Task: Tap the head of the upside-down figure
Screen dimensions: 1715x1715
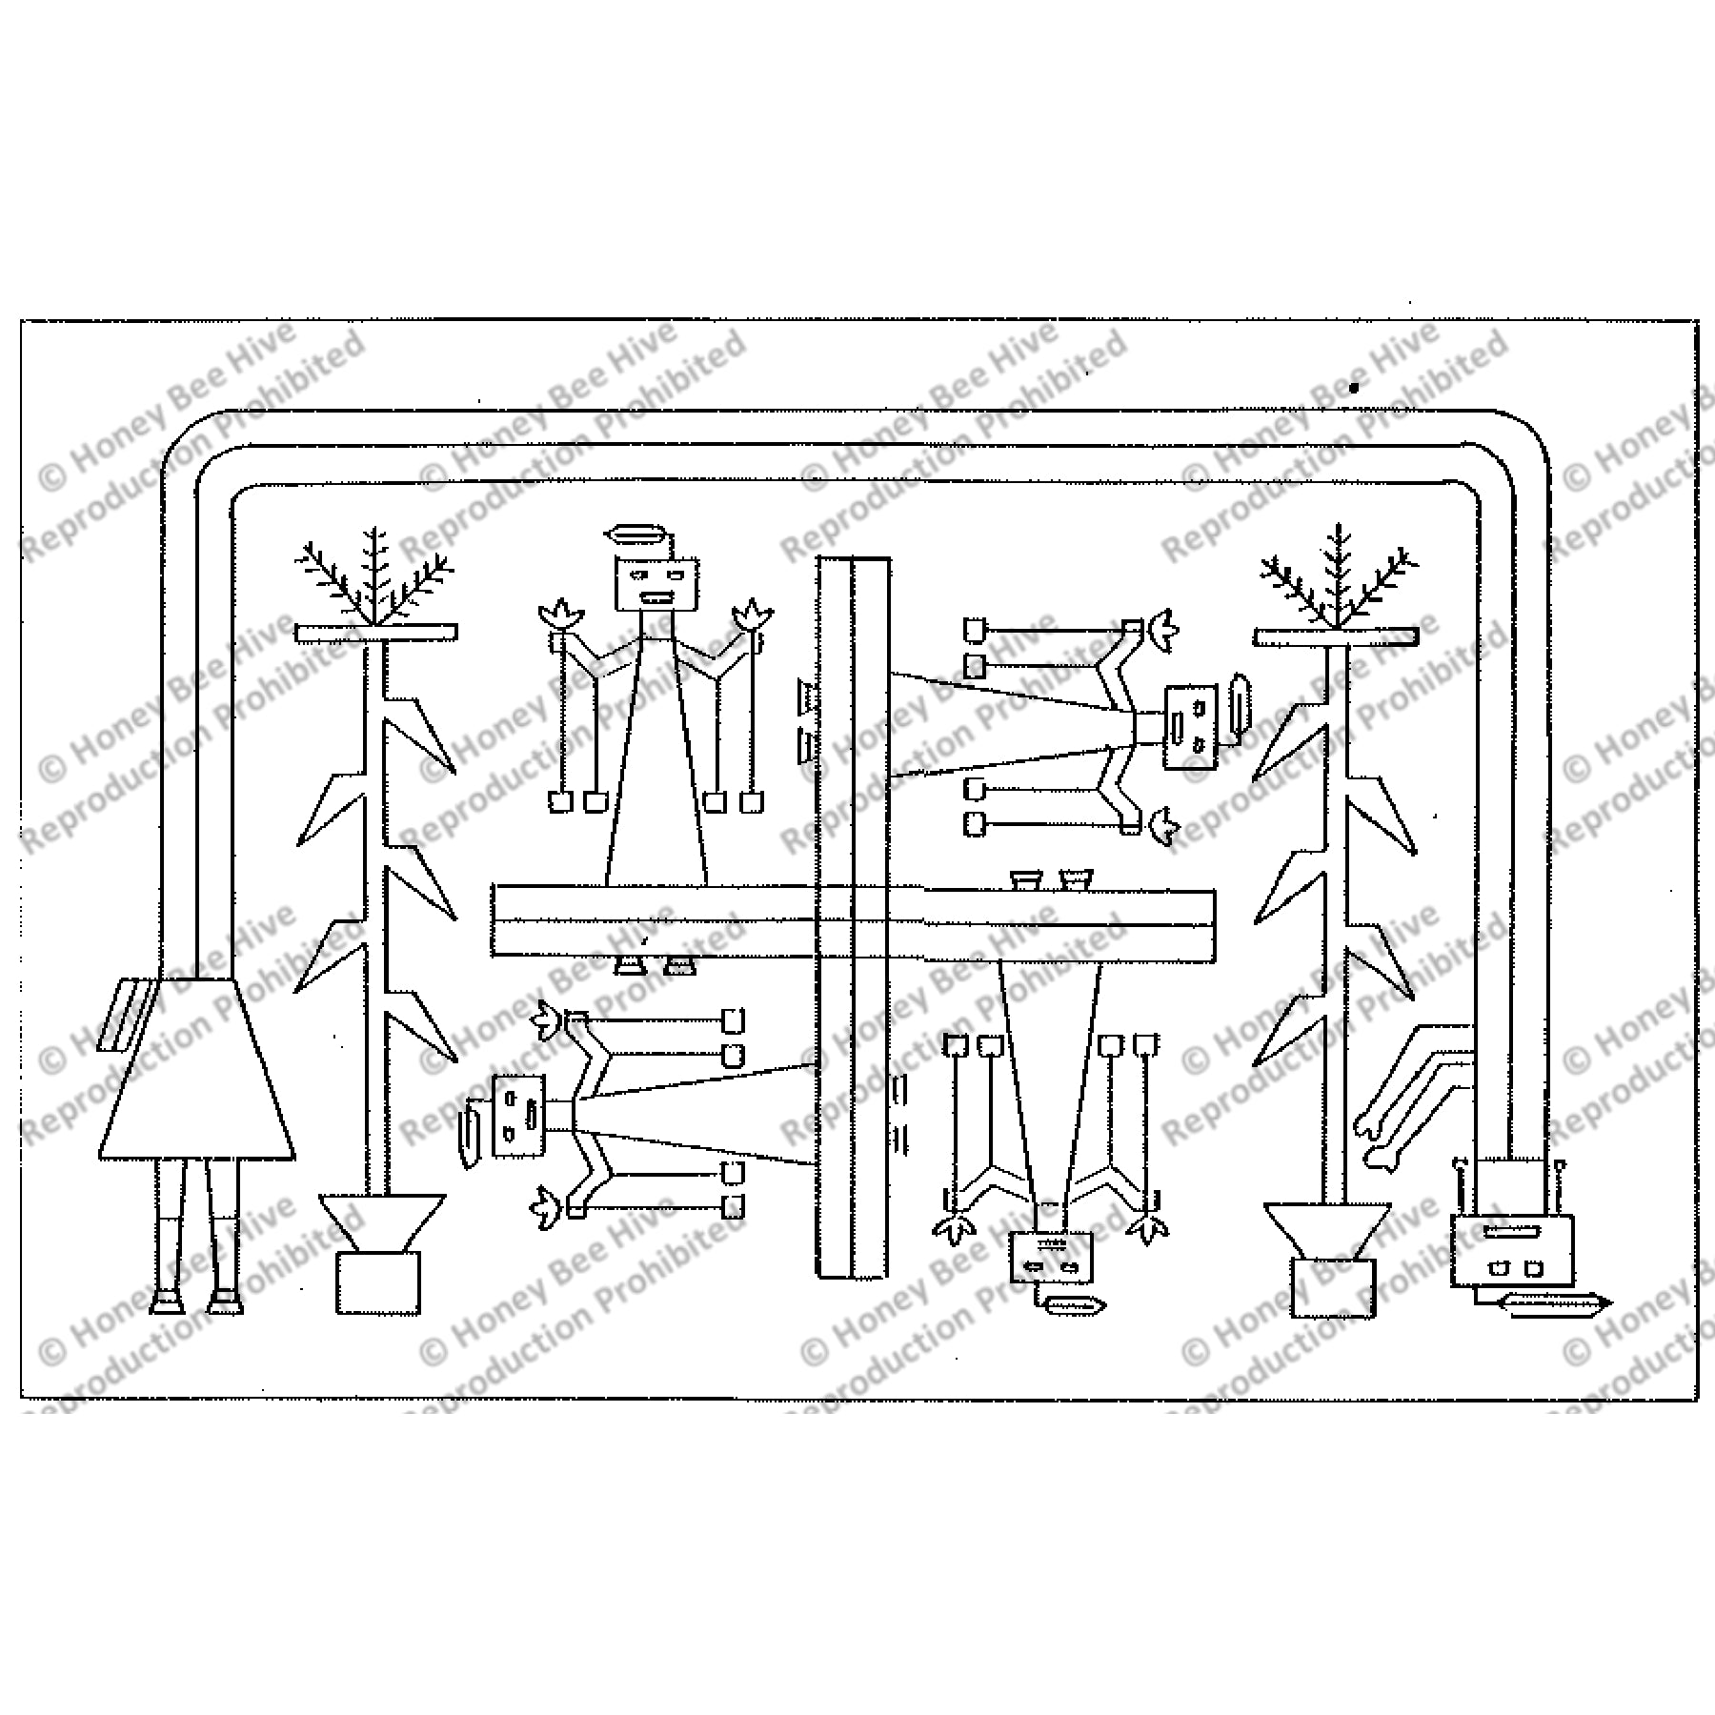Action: click(x=1051, y=1258)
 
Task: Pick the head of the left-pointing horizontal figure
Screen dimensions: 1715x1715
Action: click(x=519, y=1116)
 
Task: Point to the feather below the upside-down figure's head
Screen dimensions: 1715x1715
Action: click(x=1075, y=1305)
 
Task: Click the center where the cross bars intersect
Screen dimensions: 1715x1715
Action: click(x=853, y=921)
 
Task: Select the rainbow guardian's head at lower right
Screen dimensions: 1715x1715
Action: click(x=1512, y=1250)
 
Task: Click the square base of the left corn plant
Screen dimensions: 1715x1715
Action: click(x=378, y=1284)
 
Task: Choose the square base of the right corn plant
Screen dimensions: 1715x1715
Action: click(x=1334, y=1288)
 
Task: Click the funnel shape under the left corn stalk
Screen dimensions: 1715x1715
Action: click(x=381, y=1222)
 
